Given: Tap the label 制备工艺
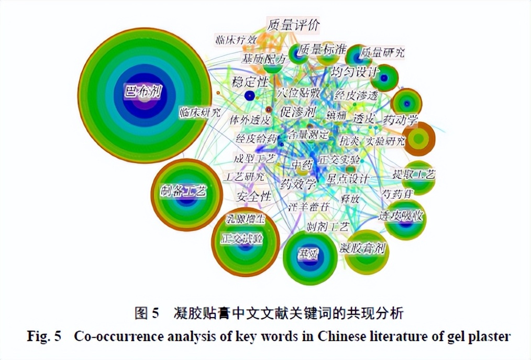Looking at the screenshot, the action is (x=183, y=192).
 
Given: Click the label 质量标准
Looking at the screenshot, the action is (x=322, y=50).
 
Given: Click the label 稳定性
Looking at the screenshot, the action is (x=250, y=82).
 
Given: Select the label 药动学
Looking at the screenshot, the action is (x=401, y=120).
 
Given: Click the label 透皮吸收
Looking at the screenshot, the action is (x=401, y=216).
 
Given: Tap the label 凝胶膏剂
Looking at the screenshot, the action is (x=362, y=248).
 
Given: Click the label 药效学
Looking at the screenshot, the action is (x=298, y=184).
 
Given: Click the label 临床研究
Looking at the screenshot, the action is (x=199, y=112).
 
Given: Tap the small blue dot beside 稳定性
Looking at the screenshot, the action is (x=250, y=96).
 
